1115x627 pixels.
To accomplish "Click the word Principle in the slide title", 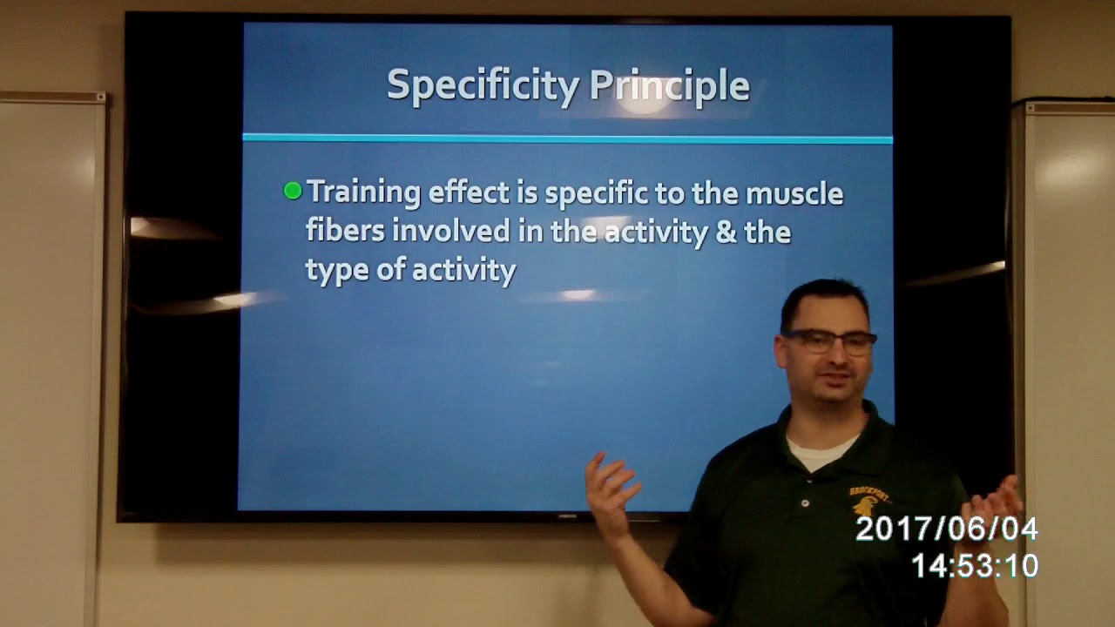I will [x=669, y=86].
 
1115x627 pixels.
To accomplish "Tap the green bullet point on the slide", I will [x=293, y=191].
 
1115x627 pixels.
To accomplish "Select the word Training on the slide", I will [x=364, y=193].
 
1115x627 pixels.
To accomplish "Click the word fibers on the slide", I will [x=345, y=232].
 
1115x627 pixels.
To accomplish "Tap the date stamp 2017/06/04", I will [x=946, y=529].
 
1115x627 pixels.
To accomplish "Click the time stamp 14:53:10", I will [x=974, y=566].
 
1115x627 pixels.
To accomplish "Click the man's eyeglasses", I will [x=828, y=341].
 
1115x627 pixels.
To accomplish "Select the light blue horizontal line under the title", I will [x=566, y=138].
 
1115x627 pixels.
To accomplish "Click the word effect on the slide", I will [x=470, y=192].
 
